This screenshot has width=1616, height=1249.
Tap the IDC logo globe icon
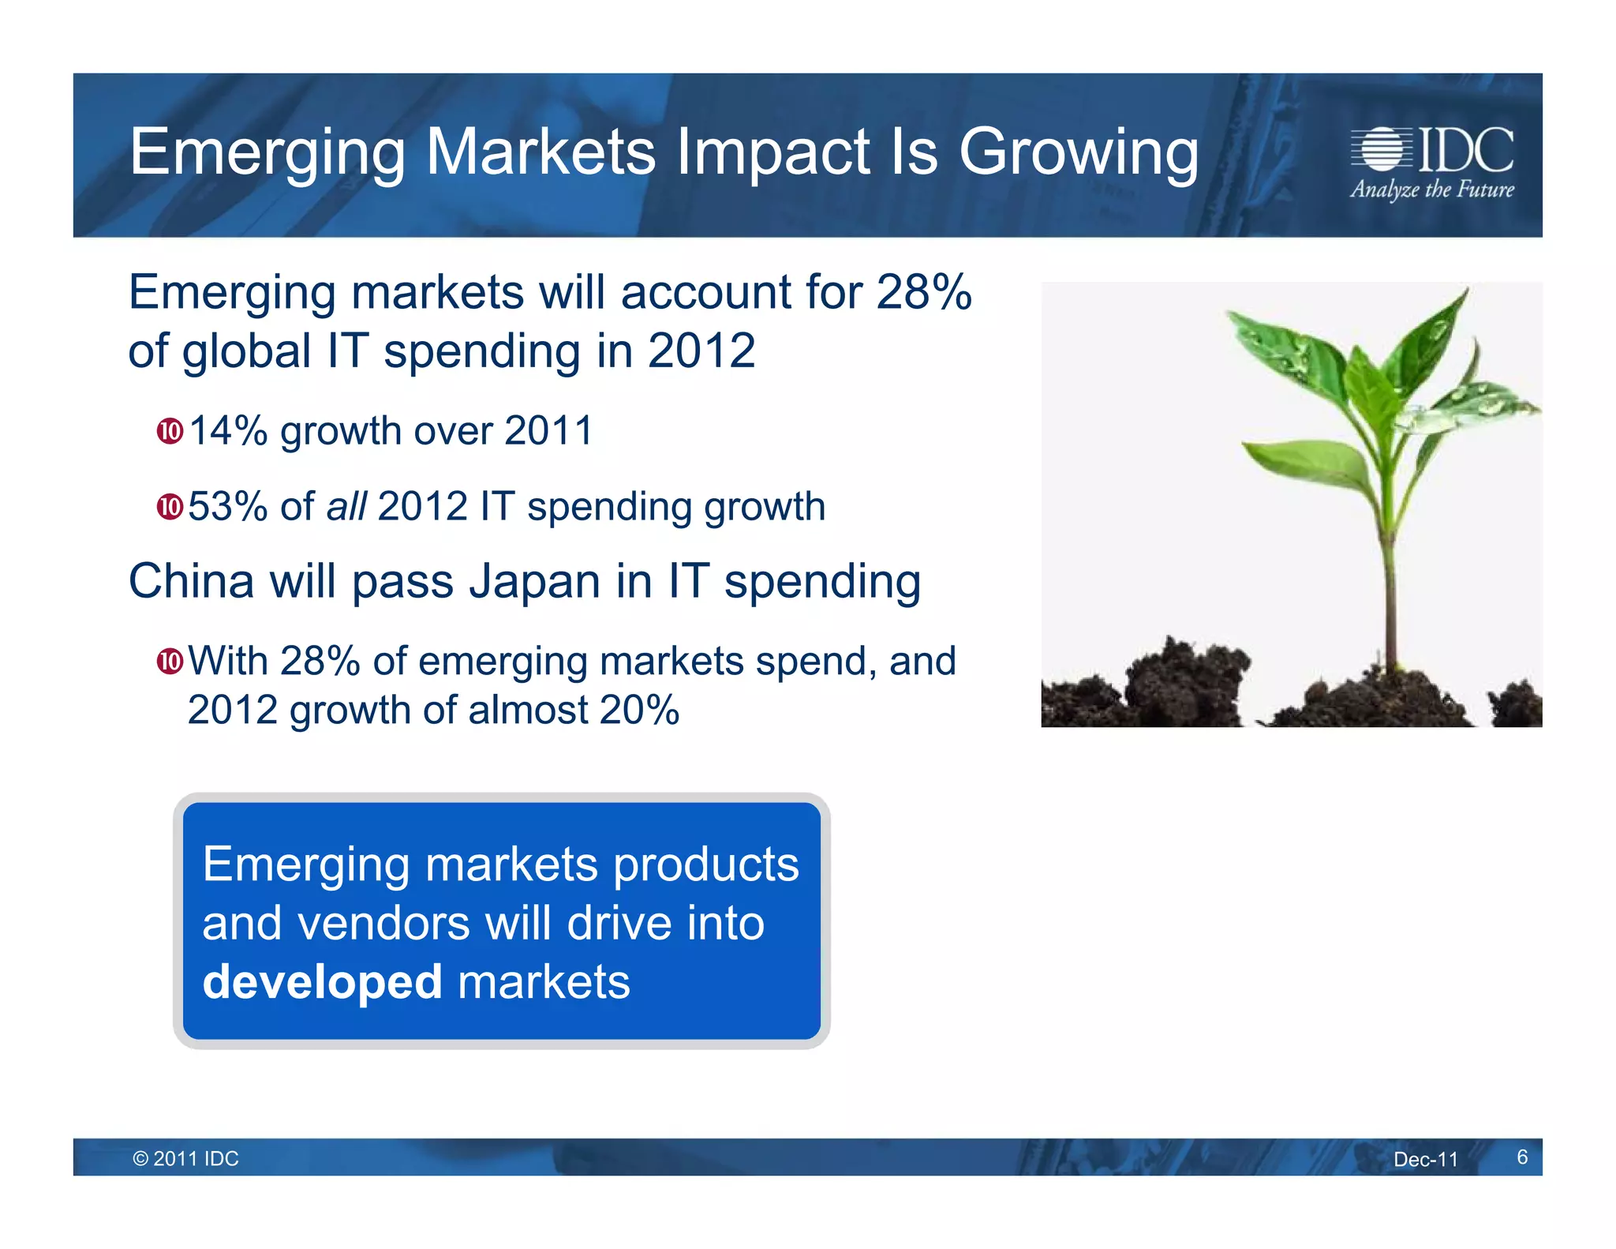(x=1381, y=148)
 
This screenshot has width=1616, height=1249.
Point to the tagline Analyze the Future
(x=1431, y=190)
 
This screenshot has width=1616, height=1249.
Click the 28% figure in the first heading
(x=923, y=292)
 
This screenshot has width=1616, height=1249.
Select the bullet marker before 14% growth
(x=170, y=432)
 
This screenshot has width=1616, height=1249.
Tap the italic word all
(x=346, y=506)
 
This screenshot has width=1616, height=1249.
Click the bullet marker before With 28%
(x=170, y=661)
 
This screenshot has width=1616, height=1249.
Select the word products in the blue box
(x=706, y=864)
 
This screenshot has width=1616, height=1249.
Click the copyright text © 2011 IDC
(x=186, y=1158)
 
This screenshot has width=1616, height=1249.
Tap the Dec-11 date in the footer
(x=1425, y=1159)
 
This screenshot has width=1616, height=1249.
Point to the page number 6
(x=1522, y=1157)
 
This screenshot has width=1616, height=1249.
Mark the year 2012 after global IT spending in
(x=701, y=351)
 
